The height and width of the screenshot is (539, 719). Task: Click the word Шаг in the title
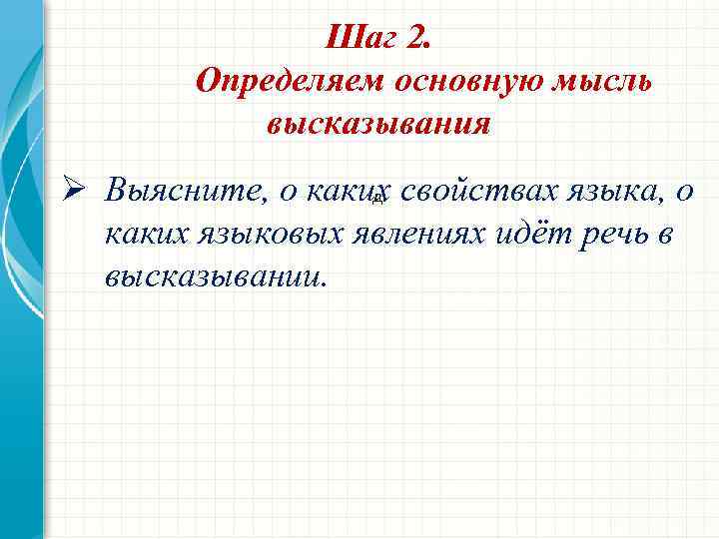(361, 39)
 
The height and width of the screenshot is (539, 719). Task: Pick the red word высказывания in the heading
(377, 125)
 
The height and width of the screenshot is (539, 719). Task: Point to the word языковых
(264, 235)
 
